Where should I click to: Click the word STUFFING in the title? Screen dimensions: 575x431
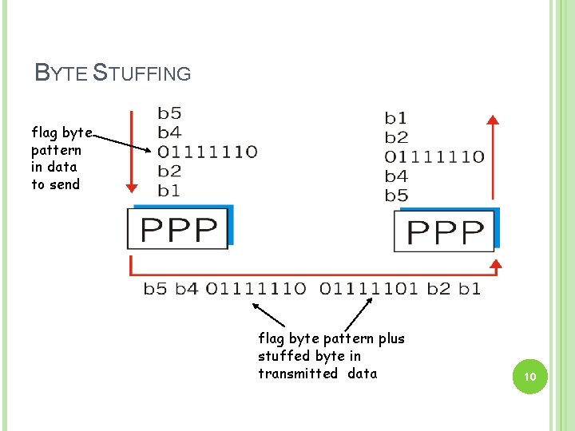coord(142,73)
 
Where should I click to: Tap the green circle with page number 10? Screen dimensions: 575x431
coord(528,376)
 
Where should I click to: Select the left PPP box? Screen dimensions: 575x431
coord(179,229)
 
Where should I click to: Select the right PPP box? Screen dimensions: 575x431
coord(446,231)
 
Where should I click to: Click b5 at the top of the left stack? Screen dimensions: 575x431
coord(169,113)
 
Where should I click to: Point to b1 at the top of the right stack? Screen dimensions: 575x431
coord(396,119)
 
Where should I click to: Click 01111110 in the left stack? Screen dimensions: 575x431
coord(207,151)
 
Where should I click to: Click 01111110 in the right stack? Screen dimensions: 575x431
coord(434,156)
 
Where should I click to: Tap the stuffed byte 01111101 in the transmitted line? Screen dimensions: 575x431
coord(368,288)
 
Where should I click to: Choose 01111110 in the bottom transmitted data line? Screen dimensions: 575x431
coord(255,288)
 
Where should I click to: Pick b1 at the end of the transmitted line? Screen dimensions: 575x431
coord(470,288)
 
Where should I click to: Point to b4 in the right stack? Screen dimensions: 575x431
coord(396,176)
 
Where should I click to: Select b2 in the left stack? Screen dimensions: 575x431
coord(169,171)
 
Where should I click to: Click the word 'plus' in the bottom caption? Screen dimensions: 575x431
coord(391,338)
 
